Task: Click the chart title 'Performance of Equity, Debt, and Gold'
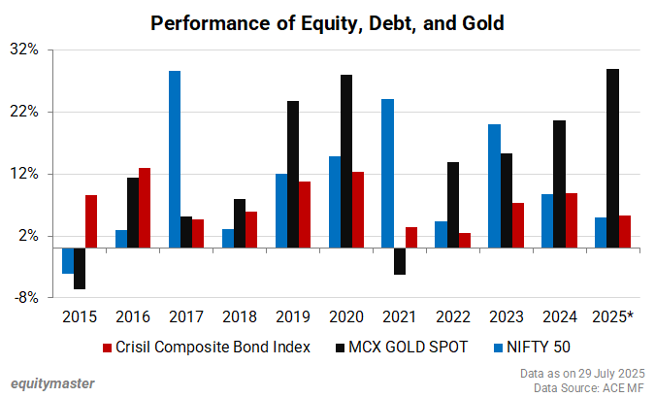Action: click(327, 22)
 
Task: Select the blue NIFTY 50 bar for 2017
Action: click(175, 159)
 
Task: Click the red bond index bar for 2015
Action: click(91, 221)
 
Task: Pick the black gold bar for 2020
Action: click(345, 161)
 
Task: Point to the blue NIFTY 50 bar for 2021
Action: click(387, 173)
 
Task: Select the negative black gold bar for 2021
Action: click(400, 261)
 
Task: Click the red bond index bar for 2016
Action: click(145, 208)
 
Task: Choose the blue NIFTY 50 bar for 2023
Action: click(494, 185)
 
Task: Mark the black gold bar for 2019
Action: click(292, 174)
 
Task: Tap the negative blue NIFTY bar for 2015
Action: click(68, 260)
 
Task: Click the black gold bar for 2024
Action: click(559, 183)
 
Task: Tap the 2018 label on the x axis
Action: click(239, 316)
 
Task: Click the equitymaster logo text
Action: click(52, 382)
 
